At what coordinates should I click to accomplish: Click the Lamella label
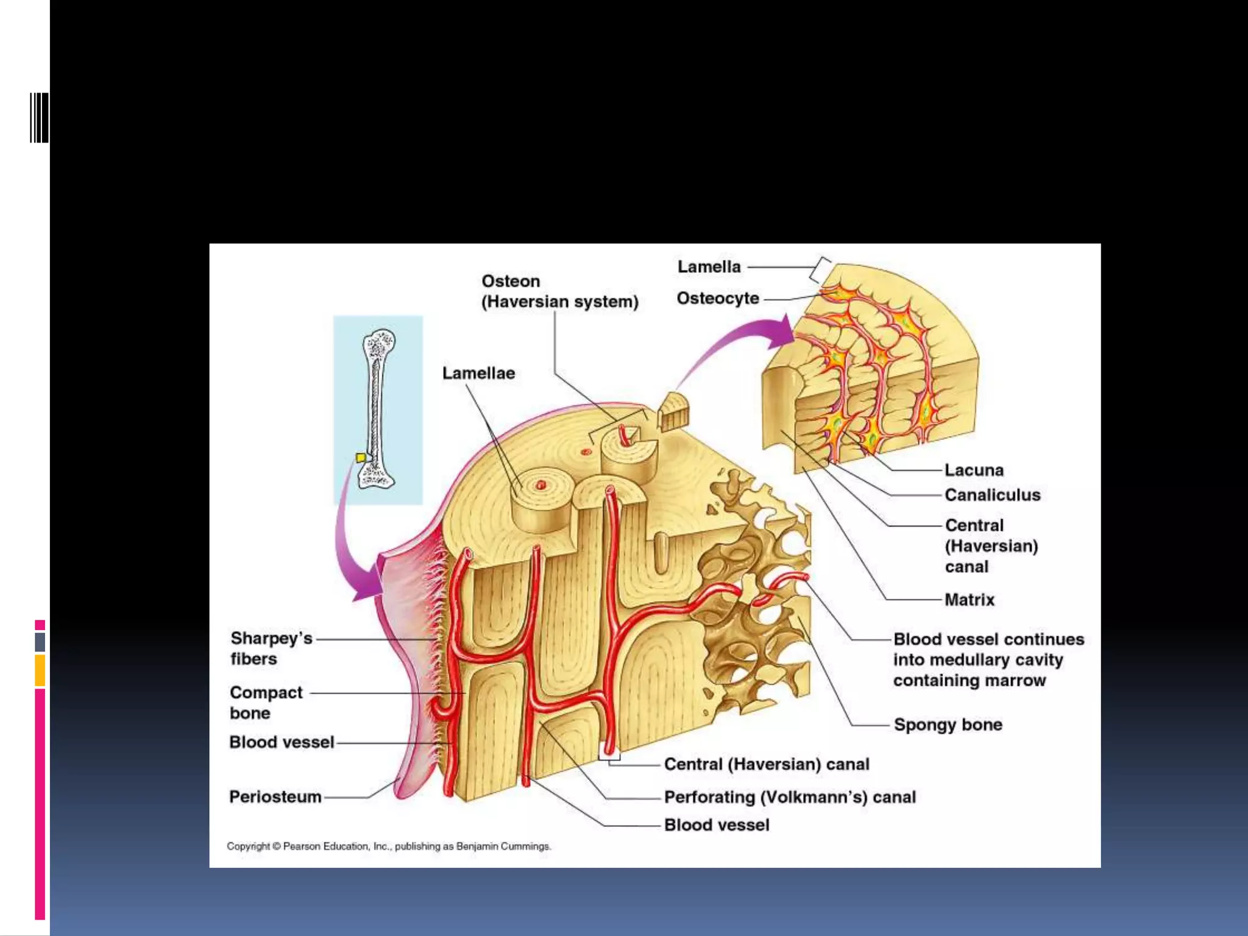click(x=709, y=267)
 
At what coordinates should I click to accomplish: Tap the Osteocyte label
click(x=718, y=299)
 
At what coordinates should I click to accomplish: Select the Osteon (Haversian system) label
click(x=559, y=291)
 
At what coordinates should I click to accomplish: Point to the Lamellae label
click(x=478, y=373)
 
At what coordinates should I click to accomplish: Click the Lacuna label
click(x=974, y=470)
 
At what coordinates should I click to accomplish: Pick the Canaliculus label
click(x=992, y=495)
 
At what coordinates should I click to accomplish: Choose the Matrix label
click(x=969, y=600)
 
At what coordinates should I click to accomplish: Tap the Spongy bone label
click(x=948, y=725)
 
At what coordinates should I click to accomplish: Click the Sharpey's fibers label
click(x=271, y=648)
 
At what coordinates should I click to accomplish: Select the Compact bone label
click(x=266, y=703)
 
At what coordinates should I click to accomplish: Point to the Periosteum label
click(x=275, y=796)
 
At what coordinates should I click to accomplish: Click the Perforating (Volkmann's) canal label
click(x=790, y=797)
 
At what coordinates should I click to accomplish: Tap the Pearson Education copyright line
click(x=389, y=846)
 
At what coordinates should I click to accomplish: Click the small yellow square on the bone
click(x=361, y=458)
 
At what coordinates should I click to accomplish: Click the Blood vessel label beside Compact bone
click(x=282, y=742)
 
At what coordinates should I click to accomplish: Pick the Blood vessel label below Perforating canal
click(x=717, y=825)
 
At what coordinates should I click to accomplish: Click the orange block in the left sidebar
click(x=40, y=670)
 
